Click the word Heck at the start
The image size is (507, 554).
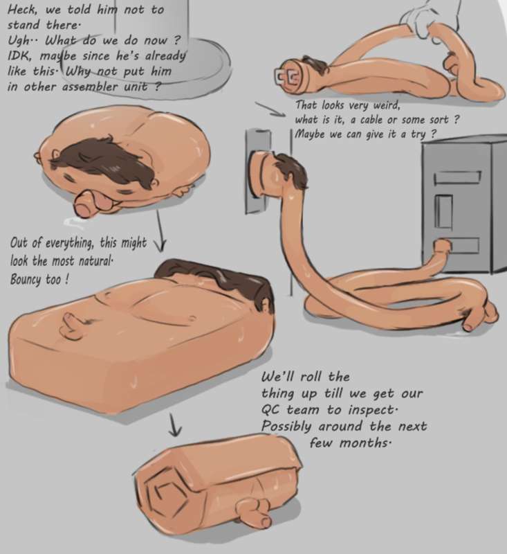pyautogui.click(x=21, y=10)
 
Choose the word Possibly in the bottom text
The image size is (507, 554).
pyautogui.click(x=286, y=427)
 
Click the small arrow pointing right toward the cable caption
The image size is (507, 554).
pyautogui.click(x=270, y=109)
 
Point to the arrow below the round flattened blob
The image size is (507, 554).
pyautogui.click(x=160, y=231)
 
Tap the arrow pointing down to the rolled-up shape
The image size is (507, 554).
pyautogui.click(x=175, y=425)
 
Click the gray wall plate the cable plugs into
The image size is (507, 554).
pyautogui.click(x=259, y=171)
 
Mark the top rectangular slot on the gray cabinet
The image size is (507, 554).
pyautogui.click(x=458, y=178)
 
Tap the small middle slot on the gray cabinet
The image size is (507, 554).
pyautogui.click(x=443, y=211)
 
